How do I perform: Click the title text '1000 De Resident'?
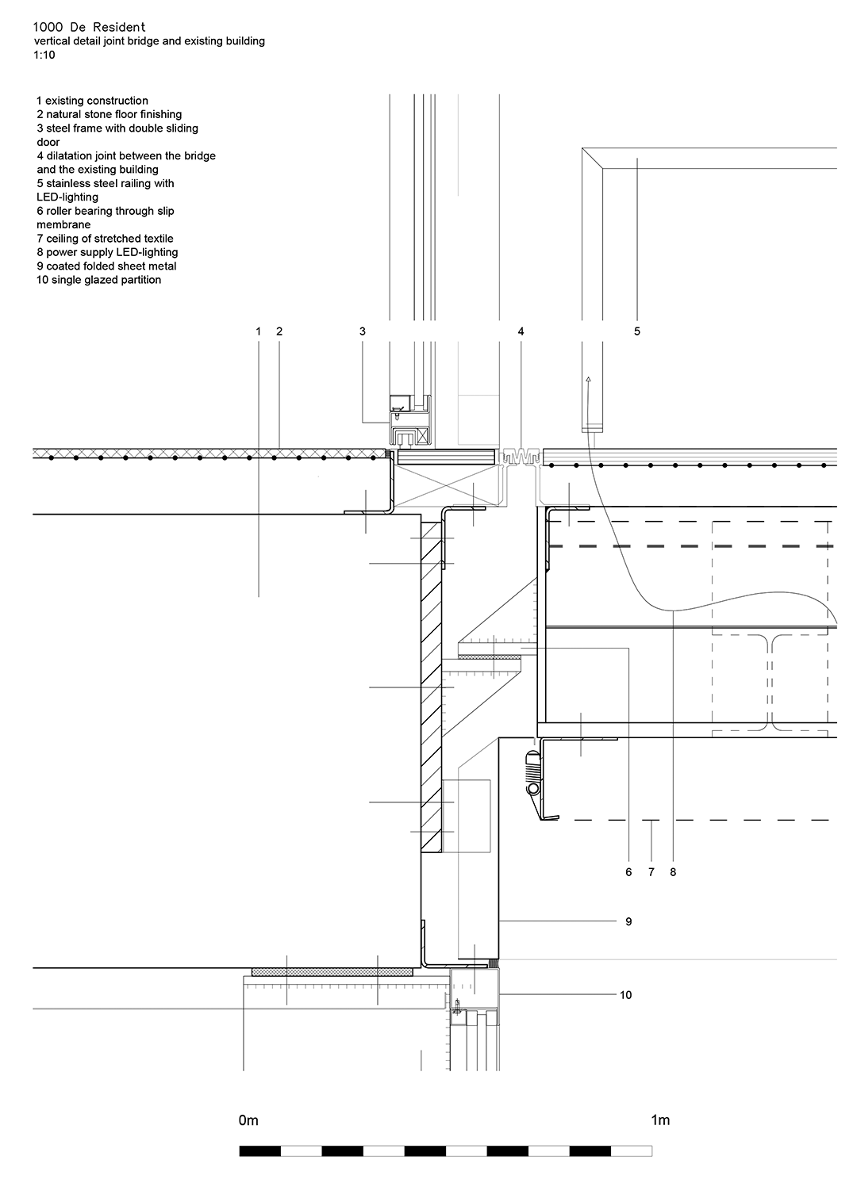click(x=89, y=28)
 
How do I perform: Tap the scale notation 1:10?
click(x=44, y=55)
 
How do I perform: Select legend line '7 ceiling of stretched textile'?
click(x=105, y=239)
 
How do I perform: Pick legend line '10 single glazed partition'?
click(x=98, y=279)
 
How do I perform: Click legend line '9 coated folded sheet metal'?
click(x=106, y=266)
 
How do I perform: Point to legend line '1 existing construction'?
click(x=92, y=101)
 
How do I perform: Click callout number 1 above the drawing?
click(x=258, y=331)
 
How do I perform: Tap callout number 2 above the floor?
click(x=279, y=331)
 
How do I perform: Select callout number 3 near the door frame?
click(x=363, y=331)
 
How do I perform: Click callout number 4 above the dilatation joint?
click(x=521, y=331)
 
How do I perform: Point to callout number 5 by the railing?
click(x=637, y=331)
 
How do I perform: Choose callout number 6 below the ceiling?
click(x=628, y=872)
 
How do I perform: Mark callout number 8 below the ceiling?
click(x=673, y=872)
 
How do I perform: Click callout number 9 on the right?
click(x=628, y=921)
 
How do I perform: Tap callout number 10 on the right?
click(x=625, y=995)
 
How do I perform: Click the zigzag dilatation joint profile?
click(x=520, y=456)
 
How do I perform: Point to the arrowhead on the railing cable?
click(x=588, y=379)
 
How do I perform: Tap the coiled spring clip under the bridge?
click(x=533, y=773)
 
